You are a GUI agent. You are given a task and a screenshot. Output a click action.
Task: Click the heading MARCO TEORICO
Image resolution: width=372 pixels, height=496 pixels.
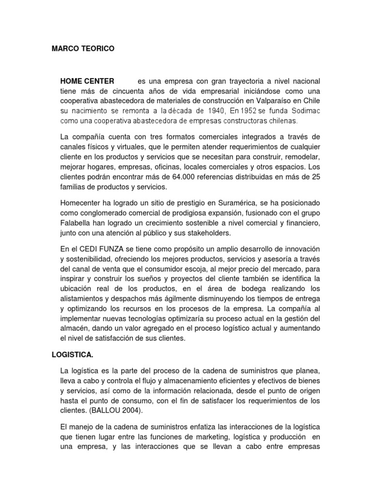[x=83, y=49]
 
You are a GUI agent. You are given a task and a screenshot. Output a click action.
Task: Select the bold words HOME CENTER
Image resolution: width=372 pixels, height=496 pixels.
[x=87, y=80]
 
